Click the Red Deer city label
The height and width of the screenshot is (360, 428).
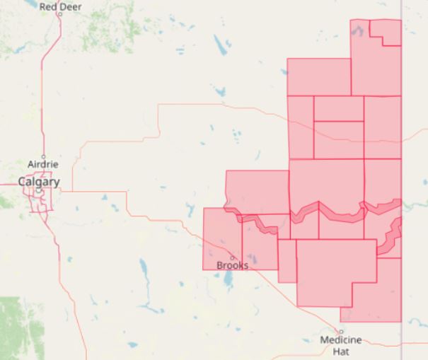coord(60,6)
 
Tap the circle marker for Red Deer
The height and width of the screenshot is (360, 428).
coord(60,14)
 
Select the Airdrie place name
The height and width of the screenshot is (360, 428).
coord(42,164)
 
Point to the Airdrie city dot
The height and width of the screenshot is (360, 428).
coord(43,156)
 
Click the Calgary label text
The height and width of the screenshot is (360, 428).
coord(38,182)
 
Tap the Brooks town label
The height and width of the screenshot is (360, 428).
coord(232,265)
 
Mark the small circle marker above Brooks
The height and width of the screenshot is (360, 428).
coord(231,257)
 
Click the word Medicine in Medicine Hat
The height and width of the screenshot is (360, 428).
coord(341,340)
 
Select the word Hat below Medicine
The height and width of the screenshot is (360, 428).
coord(342,351)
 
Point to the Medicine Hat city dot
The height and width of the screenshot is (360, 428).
coord(340,332)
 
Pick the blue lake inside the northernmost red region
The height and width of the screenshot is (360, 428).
coord(359,32)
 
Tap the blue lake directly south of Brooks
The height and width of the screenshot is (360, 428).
coord(227,281)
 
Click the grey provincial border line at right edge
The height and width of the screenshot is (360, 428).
coord(402,339)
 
